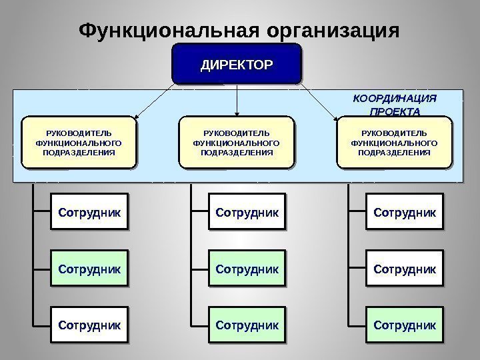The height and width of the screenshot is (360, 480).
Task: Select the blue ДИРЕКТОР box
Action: (237, 65)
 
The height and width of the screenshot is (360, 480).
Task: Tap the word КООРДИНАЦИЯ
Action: (394, 99)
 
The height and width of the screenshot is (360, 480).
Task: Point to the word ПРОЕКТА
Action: (394, 111)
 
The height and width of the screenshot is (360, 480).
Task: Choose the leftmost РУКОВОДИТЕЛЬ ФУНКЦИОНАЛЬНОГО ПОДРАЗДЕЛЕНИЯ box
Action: (79, 142)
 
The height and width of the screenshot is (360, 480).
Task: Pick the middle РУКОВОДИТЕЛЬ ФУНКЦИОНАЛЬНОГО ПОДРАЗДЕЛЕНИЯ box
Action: (237, 142)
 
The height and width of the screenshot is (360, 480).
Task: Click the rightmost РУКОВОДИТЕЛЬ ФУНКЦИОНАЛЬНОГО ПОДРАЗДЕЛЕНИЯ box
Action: (394, 142)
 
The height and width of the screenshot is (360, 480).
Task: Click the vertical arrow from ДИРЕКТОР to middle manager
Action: (238, 100)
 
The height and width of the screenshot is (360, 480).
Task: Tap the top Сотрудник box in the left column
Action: (89, 213)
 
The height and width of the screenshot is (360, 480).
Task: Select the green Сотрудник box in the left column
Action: (89, 269)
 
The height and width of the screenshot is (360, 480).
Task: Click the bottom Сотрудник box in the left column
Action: (89, 325)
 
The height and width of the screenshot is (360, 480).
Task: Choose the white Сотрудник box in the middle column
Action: (247, 213)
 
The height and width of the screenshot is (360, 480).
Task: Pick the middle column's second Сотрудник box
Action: (247, 269)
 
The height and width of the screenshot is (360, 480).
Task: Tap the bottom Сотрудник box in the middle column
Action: (247, 325)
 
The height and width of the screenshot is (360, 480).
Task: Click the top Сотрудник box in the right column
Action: (405, 213)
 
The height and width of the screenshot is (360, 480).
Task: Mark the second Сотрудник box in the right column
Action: (405, 269)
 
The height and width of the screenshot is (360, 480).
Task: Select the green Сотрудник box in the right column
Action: (405, 325)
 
